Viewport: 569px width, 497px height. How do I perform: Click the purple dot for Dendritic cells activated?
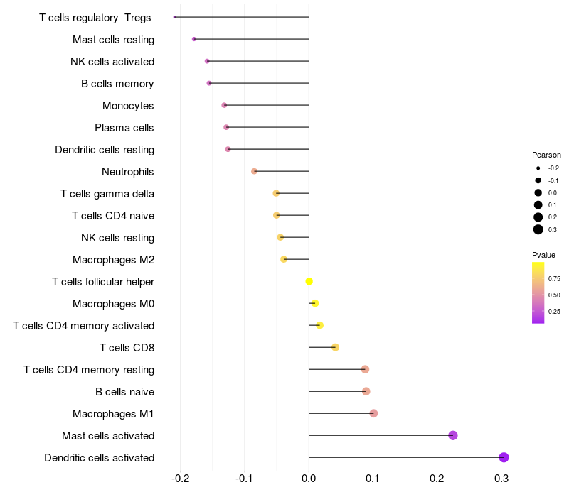(504, 457)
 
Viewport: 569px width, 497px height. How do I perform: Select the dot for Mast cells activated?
(453, 435)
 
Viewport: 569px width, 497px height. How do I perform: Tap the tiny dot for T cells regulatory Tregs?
(174, 17)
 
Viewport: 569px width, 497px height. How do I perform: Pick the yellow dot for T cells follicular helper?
(309, 281)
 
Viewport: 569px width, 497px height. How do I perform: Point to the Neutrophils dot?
(255, 171)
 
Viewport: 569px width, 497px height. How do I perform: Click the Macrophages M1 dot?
(373, 413)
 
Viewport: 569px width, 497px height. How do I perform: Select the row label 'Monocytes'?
(128, 106)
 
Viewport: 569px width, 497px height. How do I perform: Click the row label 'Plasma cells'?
(124, 128)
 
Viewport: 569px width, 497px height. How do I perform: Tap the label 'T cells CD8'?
(127, 348)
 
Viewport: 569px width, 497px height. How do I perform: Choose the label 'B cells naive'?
(125, 392)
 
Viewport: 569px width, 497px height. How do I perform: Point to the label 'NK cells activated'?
(112, 62)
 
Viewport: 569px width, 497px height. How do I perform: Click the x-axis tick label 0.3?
(501, 479)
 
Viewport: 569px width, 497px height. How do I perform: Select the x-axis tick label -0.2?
(181, 479)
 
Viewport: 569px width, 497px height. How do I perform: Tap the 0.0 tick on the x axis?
(309, 479)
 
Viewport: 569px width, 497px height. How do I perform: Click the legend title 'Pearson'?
(546, 155)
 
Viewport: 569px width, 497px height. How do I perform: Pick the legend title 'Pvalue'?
(543, 255)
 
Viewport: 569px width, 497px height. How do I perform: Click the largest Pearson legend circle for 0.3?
(538, 229)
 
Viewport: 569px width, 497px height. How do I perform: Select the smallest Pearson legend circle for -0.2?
(538, 168)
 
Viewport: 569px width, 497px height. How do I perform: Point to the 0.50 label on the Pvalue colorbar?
(554, 295)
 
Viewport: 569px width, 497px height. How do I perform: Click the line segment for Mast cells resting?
(251, 39)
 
